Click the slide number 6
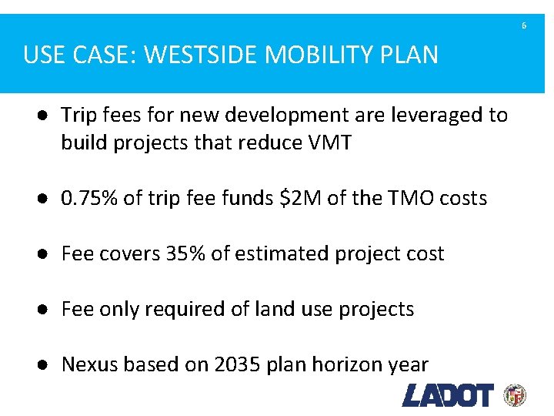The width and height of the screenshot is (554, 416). [524, 26]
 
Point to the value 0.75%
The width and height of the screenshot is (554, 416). [89, 198]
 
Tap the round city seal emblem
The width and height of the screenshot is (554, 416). [515, 395]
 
